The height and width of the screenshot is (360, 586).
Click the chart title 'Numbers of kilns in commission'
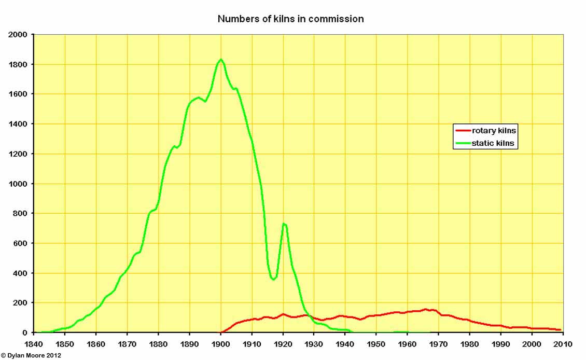pos(290,19)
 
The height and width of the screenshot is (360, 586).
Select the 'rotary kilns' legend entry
pos(494,130)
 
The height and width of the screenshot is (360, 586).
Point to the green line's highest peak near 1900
pos(221,60)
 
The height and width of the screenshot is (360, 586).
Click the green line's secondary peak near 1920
pos(284,224)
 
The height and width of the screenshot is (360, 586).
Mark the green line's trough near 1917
pos(273,280)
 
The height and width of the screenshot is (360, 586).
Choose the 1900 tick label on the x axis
pos(221,344)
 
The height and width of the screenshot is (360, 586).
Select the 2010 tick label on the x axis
pos(563,344)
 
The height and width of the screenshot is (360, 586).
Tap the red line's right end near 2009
pos(560,330)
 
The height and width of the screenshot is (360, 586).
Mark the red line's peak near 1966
pos(426,309)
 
